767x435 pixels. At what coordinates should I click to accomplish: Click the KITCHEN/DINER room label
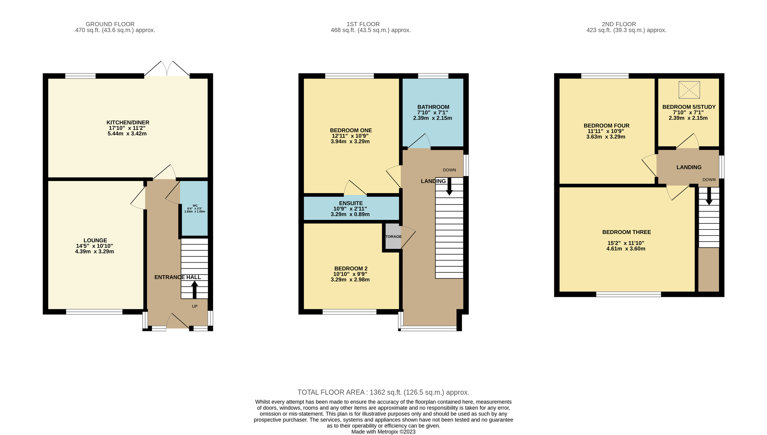point(128,123)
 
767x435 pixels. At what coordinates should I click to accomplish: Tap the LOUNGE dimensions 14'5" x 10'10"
point(95,246)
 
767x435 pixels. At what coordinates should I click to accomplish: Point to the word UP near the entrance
point(195,306)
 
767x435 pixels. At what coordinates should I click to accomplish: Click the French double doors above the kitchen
point(167,69)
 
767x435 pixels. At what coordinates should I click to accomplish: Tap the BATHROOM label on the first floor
point(433,107)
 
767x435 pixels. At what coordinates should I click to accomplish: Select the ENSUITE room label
point(351,203)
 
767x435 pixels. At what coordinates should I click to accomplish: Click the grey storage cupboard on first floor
point(393,236)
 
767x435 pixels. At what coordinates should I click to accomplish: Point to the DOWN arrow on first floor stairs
point(449,187)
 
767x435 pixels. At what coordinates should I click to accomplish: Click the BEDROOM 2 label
point(351,269)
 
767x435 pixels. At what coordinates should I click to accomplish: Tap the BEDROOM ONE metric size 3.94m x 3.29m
point(350,141)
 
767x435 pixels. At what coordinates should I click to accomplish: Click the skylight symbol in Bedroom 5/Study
point(689,90)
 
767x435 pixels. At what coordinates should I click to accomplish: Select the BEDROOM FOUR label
point(607,126)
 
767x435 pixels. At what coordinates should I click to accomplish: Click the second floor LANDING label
point(689,167)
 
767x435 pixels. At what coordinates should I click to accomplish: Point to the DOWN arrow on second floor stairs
point(709,196)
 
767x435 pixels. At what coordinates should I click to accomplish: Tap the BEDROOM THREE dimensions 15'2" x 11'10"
point(626,243)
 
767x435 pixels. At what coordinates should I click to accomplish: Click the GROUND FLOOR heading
point(110,24)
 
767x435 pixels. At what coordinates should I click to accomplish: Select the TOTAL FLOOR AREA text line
point(383,392)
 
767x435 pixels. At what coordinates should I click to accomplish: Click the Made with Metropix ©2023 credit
point(383,432)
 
